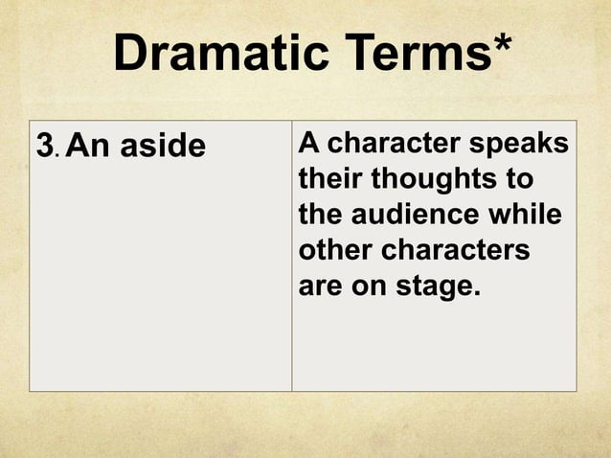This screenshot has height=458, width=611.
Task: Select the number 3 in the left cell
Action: click(44, 147)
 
